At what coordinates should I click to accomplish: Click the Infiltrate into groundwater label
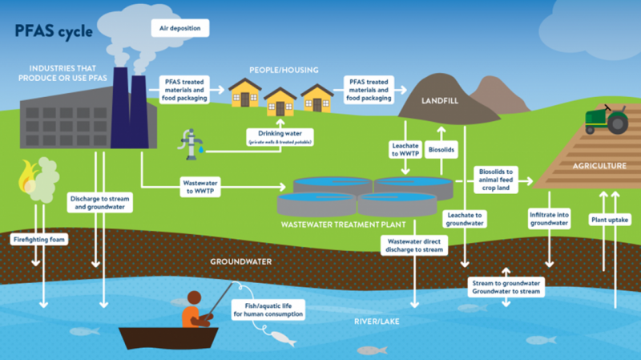[x=550, y=220]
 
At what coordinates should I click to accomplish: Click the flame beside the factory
[x=30, y=178]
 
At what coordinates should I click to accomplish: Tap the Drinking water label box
[x=279, y=136]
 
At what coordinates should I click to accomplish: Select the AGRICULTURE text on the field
[x=594, y=167]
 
